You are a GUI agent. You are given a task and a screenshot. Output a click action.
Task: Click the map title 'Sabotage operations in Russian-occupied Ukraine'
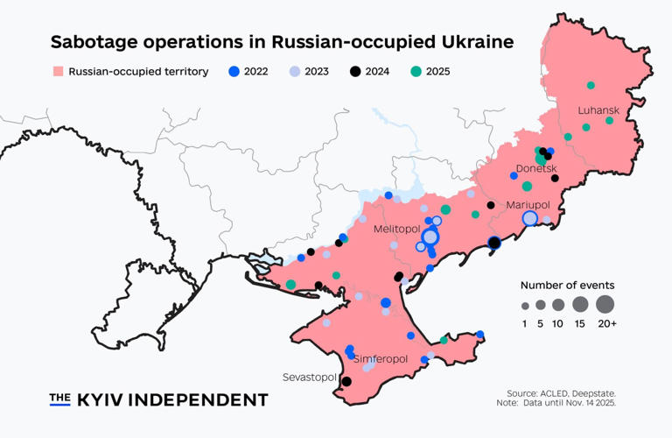(x=282, y=42)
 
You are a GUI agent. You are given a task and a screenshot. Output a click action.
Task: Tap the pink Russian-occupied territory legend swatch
(x=59, y=72)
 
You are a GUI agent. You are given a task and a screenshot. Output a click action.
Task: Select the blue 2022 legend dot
(x=233, y=72)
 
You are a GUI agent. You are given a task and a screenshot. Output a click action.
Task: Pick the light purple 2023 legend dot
(x=294, y=72)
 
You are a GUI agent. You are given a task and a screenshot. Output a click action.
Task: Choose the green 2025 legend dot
(x=415, y=72)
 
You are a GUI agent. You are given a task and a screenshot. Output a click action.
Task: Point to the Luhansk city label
(x=598, y=110)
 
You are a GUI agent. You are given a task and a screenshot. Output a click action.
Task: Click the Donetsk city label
(x=536, y=169)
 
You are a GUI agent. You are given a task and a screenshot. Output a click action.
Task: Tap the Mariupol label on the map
(x=528, y=204)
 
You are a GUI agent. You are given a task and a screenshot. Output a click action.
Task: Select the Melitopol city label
(x=397, y=229)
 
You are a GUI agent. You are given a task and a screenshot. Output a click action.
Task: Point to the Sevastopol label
(x=310, y=377)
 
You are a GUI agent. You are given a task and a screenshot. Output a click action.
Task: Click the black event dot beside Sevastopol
(x=346, y=381)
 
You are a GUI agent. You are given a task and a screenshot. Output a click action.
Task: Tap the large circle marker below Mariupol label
(x=529, y=218)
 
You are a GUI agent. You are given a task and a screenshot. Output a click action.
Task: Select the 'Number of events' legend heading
(x=567, y=285)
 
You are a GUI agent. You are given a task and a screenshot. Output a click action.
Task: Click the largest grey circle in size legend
(x=605, y=305)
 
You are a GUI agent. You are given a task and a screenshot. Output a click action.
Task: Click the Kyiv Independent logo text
(x=158, y=399)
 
